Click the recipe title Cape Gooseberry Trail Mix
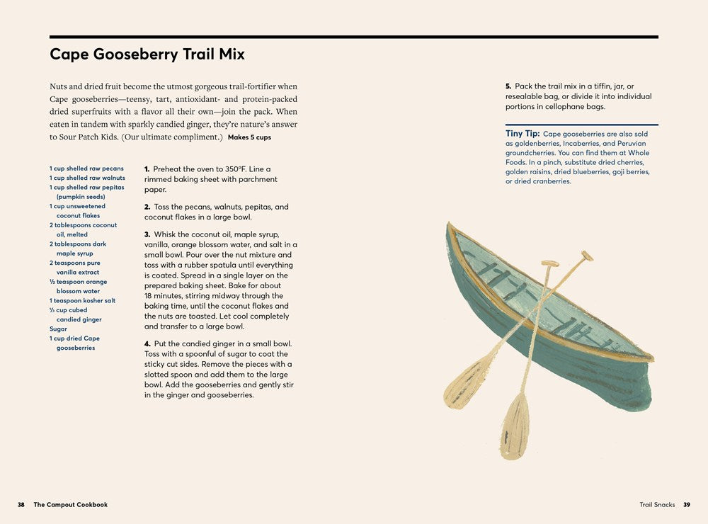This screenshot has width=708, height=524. click(147, 55)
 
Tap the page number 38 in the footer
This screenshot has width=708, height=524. click(21, 505)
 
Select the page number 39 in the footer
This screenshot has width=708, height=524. click(687, 505)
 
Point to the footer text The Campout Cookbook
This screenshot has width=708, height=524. click(71, 505)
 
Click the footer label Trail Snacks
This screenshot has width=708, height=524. click(657, 505)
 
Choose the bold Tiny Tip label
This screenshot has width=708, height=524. click(523, 133)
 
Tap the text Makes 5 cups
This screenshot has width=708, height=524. click(249, 137)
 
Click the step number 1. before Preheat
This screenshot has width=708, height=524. click(147, 169)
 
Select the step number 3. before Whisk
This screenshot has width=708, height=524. click(147, 234)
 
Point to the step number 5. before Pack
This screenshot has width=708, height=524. click(508, 86)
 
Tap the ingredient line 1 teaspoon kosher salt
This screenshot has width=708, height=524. click(82, 300)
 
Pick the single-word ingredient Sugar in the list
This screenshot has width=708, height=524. click(58, 329)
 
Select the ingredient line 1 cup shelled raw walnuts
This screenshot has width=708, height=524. click(87, 178)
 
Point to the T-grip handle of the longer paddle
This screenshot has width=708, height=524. click(586, 256)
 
